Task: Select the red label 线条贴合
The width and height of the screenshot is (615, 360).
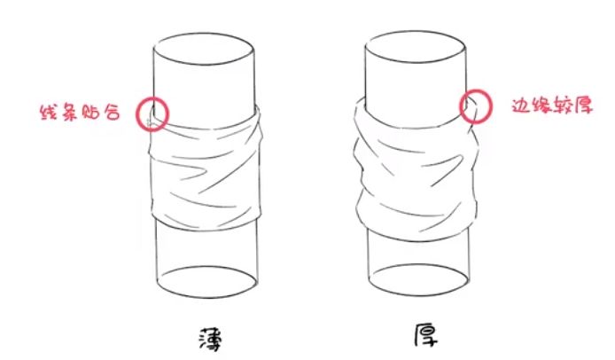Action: pos(81,112)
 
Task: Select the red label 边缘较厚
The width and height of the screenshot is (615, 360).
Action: pos(552,106)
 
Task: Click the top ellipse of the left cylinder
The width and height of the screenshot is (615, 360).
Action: pos(204,34)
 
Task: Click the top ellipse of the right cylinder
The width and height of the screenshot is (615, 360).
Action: pos(416,31)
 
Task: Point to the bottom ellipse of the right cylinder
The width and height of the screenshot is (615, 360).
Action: pos(419,295)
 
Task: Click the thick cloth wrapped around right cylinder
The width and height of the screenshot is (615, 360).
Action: pos(416,168)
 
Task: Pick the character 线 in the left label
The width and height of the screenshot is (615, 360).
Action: pos(50,112)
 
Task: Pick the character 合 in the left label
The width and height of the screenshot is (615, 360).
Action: pos(112,113)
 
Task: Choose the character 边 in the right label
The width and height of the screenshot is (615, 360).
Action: pos(521,106)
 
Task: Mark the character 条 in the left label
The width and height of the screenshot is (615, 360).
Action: pos(70,112)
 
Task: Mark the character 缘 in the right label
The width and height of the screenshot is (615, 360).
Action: pos(541,106)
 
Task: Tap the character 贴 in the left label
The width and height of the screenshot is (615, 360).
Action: pos(91,113)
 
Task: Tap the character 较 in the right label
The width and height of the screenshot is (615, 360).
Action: pos(563,106)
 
